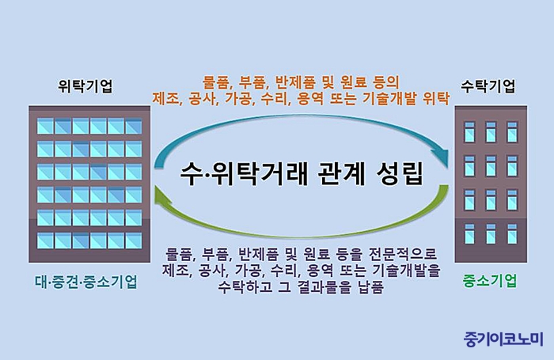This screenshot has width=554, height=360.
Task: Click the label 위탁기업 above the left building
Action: [85, 86]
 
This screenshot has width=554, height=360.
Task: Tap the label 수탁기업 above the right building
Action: [488, 86]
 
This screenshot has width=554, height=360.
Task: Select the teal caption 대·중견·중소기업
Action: [85, 282]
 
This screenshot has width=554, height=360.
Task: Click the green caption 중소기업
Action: [490, 281]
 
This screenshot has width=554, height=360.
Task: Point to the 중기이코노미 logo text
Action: [503, 339]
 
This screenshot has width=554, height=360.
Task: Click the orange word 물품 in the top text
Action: [216, 83]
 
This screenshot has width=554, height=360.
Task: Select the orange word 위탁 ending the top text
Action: [436, 99]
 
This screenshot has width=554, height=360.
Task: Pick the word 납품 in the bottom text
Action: [370, 286]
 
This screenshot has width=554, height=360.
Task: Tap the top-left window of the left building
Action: [46, 126]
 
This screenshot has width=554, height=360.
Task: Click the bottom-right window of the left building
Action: [134, 241]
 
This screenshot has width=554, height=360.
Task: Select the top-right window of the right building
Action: [512, 132]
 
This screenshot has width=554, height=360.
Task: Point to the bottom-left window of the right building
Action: [469, 234]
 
